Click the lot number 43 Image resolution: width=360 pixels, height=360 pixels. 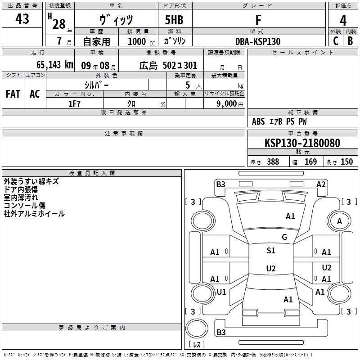pos(22,19)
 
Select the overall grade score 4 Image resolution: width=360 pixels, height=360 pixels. pos(343,21)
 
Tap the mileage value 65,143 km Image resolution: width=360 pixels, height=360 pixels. pos(55,65)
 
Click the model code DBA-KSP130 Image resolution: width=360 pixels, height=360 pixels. pos(258,41)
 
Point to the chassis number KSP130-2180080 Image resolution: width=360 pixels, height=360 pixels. pos(302,143)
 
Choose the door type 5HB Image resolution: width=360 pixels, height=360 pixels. pos(174,20)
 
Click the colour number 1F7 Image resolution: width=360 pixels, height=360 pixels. pos(74,104)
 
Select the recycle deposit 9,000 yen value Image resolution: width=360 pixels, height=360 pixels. pos(230,104)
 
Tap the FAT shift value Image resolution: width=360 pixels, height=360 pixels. pos(13,94)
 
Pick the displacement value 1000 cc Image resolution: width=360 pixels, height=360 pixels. pos(141,41)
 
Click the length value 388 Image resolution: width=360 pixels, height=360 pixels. pos(273,162)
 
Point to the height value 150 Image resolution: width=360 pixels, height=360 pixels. pos(346,162)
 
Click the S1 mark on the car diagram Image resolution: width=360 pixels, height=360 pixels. pos(271,251)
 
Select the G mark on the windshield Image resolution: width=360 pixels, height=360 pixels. pos(284,237)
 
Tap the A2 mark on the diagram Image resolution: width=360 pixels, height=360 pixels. pos(321,184)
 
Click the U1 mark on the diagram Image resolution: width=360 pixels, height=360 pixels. pos(221,292)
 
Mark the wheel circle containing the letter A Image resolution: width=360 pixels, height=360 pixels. pos(339,221)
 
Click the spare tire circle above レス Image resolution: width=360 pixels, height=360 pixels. pos(197,328)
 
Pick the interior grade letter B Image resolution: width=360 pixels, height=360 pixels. pos(350,41)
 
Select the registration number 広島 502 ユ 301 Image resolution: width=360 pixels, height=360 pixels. pos(168,66)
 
